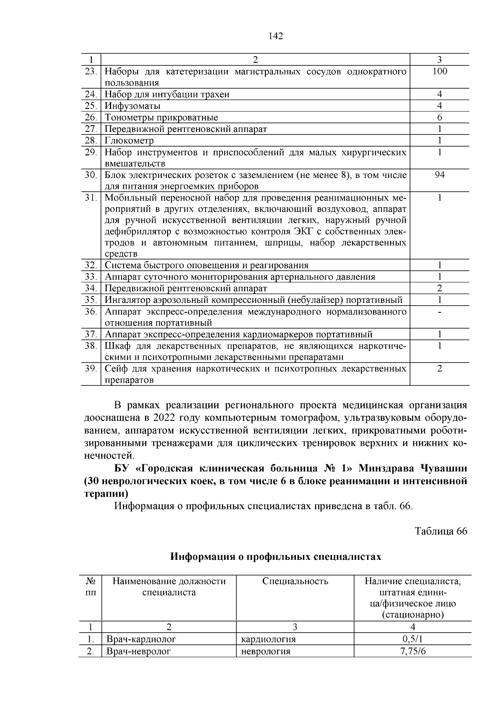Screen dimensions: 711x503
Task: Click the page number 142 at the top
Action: (275, 36)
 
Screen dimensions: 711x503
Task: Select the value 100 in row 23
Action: (439, 72)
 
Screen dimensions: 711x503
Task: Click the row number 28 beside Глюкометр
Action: (91, 140)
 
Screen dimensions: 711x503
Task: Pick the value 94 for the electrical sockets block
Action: (439, 175)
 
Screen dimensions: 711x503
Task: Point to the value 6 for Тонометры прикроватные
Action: (439, 118)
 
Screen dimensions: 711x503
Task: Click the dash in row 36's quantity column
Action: (439, 312)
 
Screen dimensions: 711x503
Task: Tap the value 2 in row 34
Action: (439, 288)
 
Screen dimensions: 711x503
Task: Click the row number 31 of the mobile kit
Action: (91, 198)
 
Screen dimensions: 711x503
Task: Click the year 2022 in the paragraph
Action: (165, 418)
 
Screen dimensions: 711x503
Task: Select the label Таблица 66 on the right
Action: (441, 531)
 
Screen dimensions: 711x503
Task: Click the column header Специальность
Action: (295, 581)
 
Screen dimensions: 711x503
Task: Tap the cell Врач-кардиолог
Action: (141, 639)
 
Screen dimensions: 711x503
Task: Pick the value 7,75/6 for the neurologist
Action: (413, 651)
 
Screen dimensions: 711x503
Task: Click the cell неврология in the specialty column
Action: (266, 651)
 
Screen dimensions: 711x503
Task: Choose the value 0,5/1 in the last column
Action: (413, 639)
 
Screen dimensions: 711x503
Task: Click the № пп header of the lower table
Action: (91, 587)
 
